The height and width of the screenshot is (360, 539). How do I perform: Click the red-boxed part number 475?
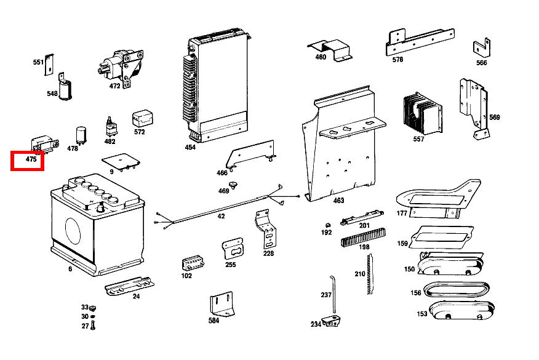[31, 160]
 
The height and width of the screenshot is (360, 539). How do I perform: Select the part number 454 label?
[190, 148]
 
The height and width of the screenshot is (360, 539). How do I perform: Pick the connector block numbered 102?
[191, 263]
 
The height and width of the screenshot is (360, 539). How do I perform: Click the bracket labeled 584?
[224, 305]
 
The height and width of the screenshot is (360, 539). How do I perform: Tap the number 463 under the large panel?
[339, 200]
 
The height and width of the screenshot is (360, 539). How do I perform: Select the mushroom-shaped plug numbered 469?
[233, 185]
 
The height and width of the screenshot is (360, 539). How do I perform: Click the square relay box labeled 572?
[143, 118]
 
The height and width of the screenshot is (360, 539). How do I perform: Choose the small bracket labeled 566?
[481, 48]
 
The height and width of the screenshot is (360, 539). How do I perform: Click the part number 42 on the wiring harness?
[222, 217]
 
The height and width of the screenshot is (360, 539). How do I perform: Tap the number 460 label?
[321, 57]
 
